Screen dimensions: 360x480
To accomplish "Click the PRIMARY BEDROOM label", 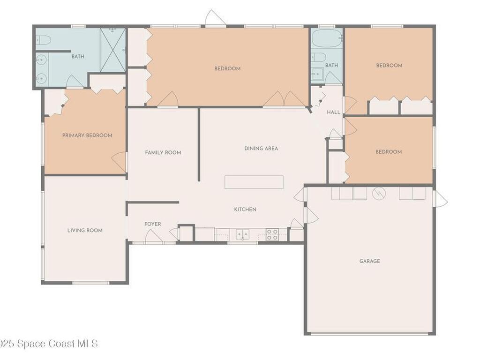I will tap(87, 135).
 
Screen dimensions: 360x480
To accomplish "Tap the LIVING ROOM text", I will tap(85, 230).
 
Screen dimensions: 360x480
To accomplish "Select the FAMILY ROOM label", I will tap(163, 152).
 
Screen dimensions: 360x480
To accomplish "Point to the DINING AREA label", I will tap(261, 148).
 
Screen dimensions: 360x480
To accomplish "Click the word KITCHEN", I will tap(245, 209).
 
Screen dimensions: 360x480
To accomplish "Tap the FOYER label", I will tap(152, 224).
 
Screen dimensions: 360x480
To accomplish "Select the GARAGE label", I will tap(369, 261).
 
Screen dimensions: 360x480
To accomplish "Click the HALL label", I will tap(333, 112).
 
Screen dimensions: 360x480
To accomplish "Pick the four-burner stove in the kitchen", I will tap(272, 234).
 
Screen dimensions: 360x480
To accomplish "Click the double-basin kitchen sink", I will tap(242, 234).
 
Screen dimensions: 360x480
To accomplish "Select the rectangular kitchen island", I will tap(254, 182).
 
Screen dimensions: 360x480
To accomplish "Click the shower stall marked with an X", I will tap(113, 50).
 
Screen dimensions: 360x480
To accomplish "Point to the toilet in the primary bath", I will tap(43, 41).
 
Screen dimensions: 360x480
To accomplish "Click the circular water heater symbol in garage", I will tap(379, 192).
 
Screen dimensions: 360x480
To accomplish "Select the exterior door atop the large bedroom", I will tap(215, 19).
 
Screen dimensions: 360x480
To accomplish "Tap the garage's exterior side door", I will tap(441, 199).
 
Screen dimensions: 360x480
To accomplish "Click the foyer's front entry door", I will tap(153, 238).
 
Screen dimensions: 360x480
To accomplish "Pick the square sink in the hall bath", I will tap(317, 74).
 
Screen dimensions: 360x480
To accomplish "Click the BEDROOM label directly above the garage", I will tap(389, 152).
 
